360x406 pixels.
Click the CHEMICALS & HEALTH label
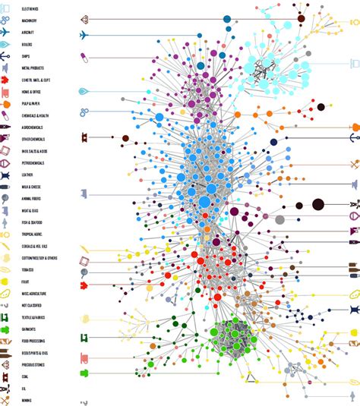point(36,115)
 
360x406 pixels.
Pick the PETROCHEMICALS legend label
point(33,163)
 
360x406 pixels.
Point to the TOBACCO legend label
point(28,269)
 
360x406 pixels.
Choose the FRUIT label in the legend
point(26,282)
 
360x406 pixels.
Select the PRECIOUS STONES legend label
point(33,365)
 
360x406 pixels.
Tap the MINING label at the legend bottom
point(27,400)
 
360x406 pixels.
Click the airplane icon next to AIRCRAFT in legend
point(5,33)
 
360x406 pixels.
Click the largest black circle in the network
point(317,203)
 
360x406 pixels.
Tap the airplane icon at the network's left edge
point(84,35)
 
